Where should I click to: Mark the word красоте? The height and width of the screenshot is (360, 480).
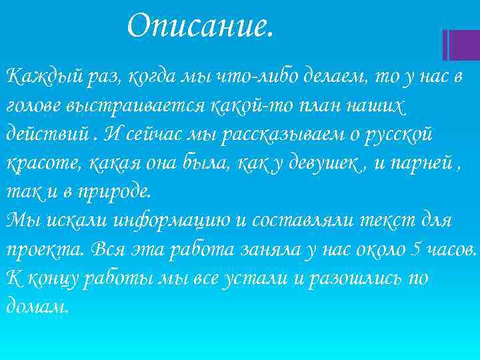click(x=38, y=162)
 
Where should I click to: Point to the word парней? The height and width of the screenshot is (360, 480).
click(x=421, y=162)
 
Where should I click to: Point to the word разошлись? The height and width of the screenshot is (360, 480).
click(x=352, y=277)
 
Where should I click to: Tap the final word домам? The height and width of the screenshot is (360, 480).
click(x=37, y=305)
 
